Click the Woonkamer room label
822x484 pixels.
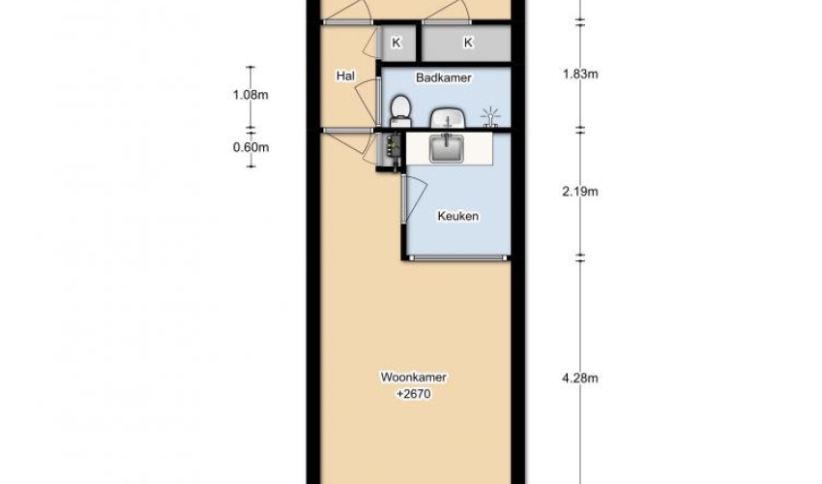click(414, 377)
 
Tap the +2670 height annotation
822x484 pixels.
click(414, 394)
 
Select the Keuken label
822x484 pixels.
click(458, 216)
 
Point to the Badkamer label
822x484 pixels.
click(444, 77)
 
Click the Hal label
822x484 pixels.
click(345, 76)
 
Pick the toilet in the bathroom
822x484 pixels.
click(401, 110)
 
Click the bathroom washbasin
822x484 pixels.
click(448, 117)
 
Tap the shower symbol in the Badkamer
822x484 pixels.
click(490, 117)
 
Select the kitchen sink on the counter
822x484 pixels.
click(447, 148)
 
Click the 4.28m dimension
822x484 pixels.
click(580, 378)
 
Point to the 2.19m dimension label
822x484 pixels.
click(580, 192)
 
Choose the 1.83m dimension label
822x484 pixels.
click(580, 74)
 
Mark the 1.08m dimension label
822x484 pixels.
click(250, 95)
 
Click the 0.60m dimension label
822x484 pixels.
click(250, 147)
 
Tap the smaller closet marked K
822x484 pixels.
click(397, 43)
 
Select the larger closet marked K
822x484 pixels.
click(466, 43)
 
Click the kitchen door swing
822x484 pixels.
click(414, 198)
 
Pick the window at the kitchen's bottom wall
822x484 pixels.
click(458, 257)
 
